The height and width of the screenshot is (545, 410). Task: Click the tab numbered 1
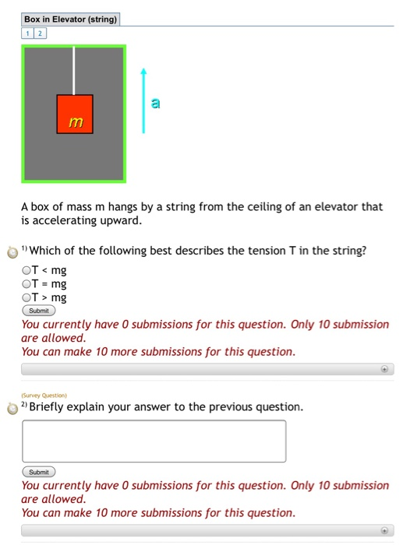pos(28,33)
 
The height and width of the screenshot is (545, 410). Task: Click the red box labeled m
pos(75,114)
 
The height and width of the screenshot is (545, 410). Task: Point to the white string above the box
pos(75,71)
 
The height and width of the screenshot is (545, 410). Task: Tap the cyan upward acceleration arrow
pos(143,100)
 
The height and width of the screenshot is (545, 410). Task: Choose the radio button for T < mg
pos(27,270)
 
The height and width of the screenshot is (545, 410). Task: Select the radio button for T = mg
pos(27,283)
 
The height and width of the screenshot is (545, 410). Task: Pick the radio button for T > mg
pos(27,297)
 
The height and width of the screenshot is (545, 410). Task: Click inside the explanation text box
pos(154,441)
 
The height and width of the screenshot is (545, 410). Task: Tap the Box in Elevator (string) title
pos(70,19)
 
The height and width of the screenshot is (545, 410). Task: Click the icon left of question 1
pos(11,252)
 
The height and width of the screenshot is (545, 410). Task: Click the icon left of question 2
pos(11,408)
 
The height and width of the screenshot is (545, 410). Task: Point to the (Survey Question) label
pos(44,396)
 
